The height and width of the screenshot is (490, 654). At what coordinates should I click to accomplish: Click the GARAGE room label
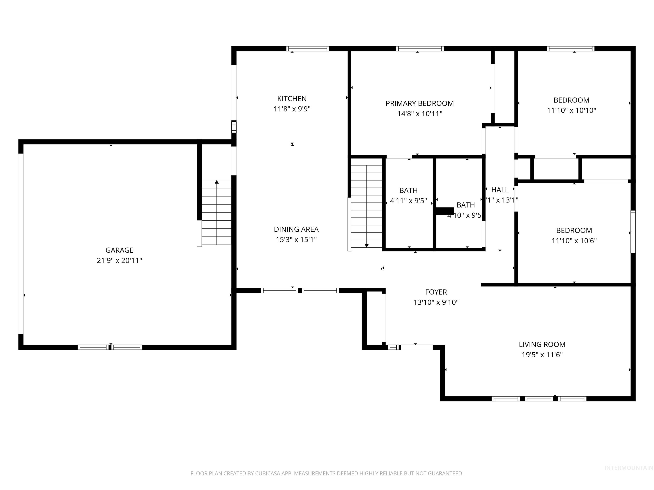119,250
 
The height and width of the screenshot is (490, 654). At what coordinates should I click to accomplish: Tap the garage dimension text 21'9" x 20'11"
119,261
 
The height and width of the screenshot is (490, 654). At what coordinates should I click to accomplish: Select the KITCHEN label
292,99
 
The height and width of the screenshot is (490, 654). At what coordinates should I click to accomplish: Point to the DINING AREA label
296,229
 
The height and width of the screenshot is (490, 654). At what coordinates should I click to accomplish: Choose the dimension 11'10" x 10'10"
571,110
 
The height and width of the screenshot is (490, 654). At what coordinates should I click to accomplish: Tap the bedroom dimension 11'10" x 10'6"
574,241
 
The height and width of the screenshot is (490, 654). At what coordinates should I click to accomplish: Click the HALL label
500,190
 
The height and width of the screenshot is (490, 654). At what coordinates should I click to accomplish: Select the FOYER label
436,292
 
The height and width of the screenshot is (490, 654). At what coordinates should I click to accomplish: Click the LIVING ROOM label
542,344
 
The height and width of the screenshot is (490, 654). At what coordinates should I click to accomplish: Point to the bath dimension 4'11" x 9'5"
408,201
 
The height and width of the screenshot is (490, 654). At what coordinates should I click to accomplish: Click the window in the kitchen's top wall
307,49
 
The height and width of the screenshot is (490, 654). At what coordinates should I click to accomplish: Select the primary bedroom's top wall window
420,49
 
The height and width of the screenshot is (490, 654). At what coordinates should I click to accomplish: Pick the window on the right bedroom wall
633,232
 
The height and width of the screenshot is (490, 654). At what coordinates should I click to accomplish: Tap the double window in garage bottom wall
110,347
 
